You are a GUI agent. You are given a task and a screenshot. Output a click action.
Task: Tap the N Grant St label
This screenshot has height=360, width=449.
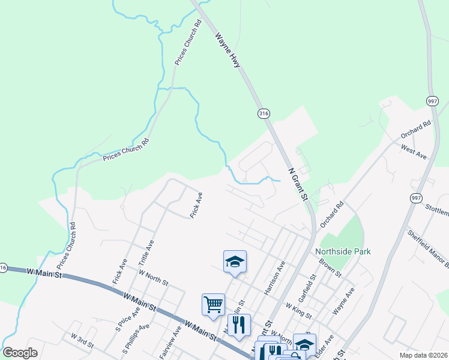(x=298, y=183)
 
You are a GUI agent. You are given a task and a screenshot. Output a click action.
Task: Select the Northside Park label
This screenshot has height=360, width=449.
(x=343, y=252)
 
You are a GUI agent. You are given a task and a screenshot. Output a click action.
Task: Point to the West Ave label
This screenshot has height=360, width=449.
(x=414, y=152)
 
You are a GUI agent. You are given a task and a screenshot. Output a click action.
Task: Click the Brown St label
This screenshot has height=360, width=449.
(x=330, y=267)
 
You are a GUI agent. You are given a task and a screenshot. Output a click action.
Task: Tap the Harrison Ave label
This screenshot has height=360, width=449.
(x=274, y=278)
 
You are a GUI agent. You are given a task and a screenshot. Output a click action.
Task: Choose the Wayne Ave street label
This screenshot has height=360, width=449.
(x=343, y=301)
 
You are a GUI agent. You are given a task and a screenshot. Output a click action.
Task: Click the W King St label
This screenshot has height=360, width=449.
(x=298, y=310)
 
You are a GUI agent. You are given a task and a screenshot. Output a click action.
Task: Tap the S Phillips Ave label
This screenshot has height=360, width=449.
(x=136, y=338)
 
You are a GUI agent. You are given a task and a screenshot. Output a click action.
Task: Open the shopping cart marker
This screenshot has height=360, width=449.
(x=214, y=305)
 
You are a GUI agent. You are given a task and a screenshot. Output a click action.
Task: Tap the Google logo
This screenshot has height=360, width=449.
(x=20, y=353)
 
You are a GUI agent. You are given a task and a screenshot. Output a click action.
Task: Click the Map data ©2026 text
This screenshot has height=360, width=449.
(x=423, y=355)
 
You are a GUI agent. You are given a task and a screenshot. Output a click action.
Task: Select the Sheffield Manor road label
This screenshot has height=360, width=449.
(x=428, y=248)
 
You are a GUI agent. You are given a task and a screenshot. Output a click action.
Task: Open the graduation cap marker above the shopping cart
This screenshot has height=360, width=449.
(x=235, y=262)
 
